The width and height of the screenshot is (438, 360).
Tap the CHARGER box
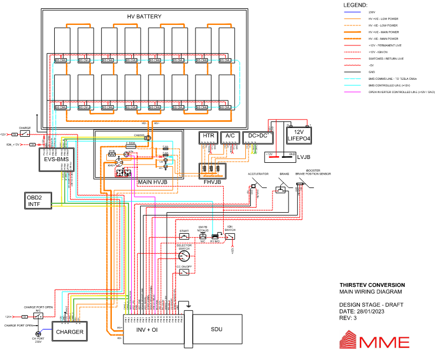pyautogui.click(x=69, y=332)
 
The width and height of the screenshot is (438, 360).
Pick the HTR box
pyautogui.click(x=208, y=136)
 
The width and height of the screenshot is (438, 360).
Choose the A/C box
pyautogui.click(x=229, y=136)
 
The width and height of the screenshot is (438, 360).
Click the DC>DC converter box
pyautogui.click(x=257, y=136)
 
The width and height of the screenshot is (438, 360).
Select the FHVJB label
pyautogui.click(x=212, y=181)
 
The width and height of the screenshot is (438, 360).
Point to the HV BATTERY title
pyautogui.click(x=145, y=17)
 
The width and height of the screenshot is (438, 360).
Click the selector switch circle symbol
pyautogui.click(x=183, y=255)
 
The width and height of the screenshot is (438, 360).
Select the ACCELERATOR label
pyautogui.click(x=258, y=174)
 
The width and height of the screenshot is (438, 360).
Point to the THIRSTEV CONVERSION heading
pyautogui.click(x=372, y=285)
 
